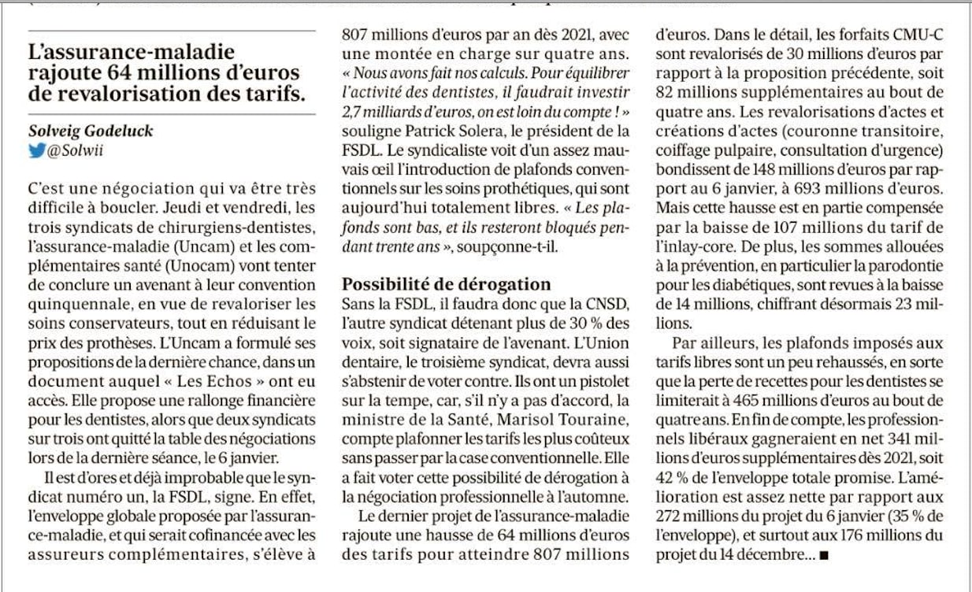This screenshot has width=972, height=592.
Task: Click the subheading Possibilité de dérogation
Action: click(x=446, y=284)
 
